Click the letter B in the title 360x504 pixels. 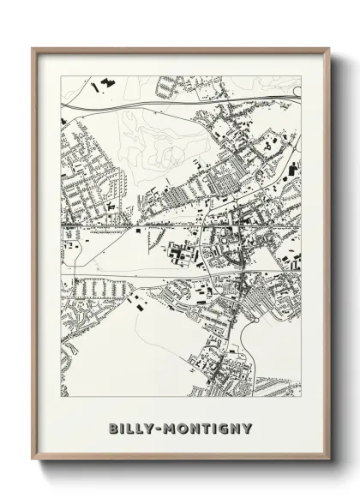(x=114, y=428)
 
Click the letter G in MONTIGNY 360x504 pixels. (x=225, y=428)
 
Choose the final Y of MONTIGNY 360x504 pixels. (x=249, y=428)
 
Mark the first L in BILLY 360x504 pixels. (x=133, y=428)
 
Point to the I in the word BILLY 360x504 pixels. (x=124, y=428)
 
